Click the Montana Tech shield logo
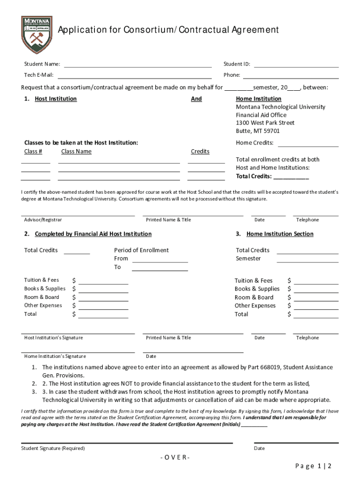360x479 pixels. [x=36, y=35]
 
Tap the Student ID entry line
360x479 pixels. [x=296, y=66]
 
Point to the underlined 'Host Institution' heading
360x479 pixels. [x=56, y=99]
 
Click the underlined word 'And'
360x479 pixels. [x=196, y=99]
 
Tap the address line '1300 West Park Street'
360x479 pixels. [x=265, y=123]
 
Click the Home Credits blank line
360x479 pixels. [x=308, y=146]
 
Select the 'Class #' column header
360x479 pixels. [x=33, y=152]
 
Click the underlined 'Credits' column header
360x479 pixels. [x=200, y=152]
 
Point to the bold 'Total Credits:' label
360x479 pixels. [x=254, y=176]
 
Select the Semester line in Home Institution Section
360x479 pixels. [x=308, y=261]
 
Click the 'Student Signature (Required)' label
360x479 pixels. [x=53, y=448]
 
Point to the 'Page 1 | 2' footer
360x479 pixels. [x=313, y=466]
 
